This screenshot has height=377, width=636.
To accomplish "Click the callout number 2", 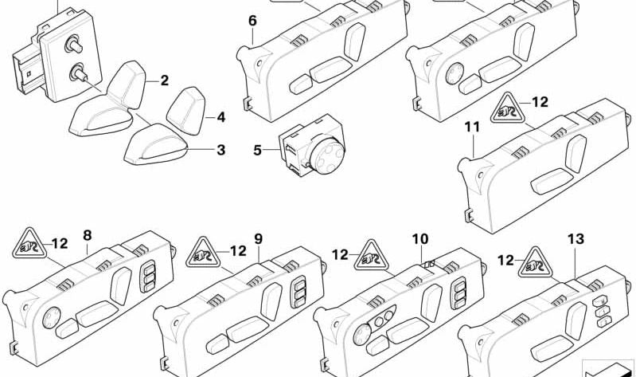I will pyautogui.click(x=164, y=81).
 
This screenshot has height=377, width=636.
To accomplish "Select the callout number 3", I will pyautogui.click(x=220, y=149).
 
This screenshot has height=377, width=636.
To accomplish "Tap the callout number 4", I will pyautogui.click(x=220, y=118).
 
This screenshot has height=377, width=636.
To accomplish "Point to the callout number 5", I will pyautogui.click(x=257, y=149).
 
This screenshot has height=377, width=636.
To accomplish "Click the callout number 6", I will pyautogui.click(x=252, y=19).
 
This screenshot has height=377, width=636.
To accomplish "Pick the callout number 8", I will pyautogui.click(x=87, y=235).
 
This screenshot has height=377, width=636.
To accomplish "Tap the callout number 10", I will pyautogui.click(x=419, y=238).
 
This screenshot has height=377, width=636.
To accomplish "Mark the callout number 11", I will pyautogui.click(x=472, y=128).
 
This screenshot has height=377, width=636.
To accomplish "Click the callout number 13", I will pyautogui.click(x=576, y=238).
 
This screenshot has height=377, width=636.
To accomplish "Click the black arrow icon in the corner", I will pyautogui.click(x=608, y=368).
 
